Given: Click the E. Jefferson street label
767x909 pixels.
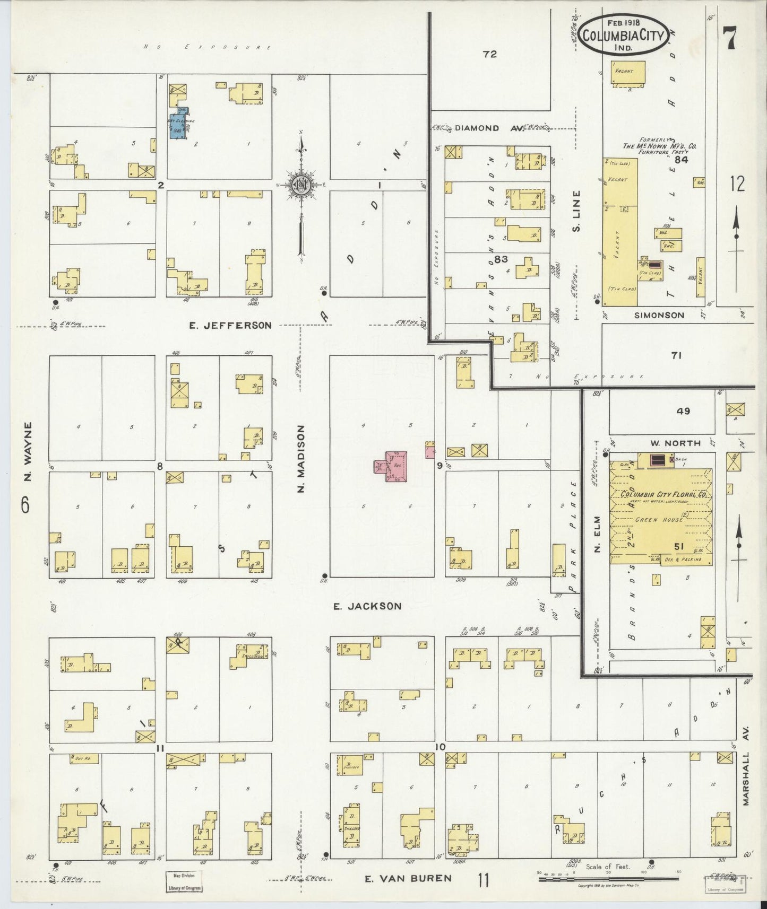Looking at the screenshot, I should (230, 325).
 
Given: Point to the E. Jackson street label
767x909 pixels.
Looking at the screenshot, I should (367, 606).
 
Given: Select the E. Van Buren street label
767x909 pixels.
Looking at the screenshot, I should (408, 878).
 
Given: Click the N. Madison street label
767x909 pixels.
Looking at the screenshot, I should (300, 458).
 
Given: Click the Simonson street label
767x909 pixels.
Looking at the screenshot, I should (659, 315).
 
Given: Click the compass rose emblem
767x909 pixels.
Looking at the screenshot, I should (300, 184).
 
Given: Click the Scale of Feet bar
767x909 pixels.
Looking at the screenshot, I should (608, 878).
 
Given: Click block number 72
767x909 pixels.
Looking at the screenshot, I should (489, 54).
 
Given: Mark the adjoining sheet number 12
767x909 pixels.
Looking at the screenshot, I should (737, 184).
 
